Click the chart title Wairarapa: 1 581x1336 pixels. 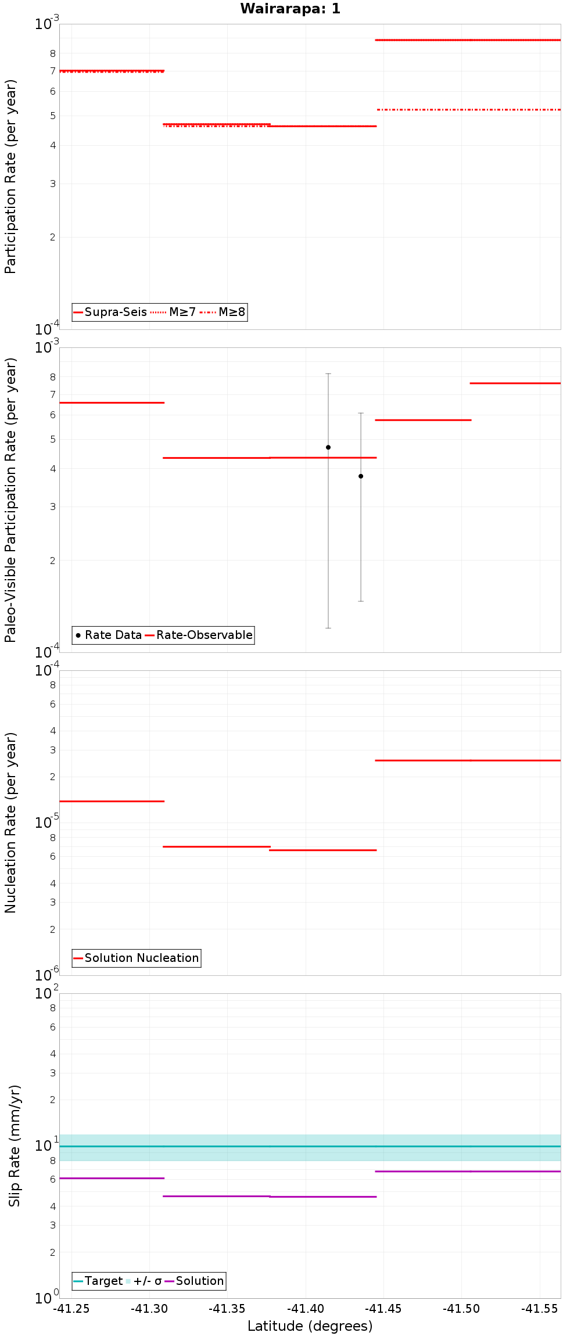pos(290,9)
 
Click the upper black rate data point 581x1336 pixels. pos(328,447)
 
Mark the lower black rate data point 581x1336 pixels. pos(361,476)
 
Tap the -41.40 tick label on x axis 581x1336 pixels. pos(306,1309)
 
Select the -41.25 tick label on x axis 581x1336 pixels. pos(71,1309)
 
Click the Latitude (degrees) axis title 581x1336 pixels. pos(310,1326)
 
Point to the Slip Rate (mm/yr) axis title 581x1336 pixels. pos(14,1145)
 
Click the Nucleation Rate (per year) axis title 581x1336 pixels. pos(10,823)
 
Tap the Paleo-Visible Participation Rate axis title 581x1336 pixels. pos(10,500)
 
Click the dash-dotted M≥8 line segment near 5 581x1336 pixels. pos(468,109)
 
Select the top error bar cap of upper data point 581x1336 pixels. pos(328,373)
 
